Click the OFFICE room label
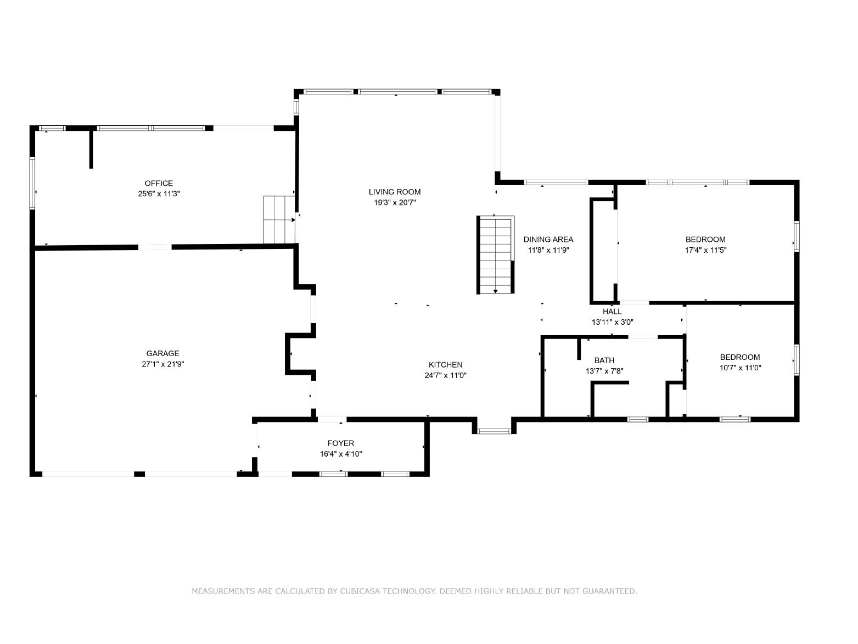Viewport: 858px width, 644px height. click(159, 183)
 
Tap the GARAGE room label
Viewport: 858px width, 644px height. click(162, 353)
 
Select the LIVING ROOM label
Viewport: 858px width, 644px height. click(395, 192)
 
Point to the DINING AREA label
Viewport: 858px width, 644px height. click(548, 240)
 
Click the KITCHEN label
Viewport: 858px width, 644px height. click(446, 365)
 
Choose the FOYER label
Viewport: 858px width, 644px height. click(341, 443)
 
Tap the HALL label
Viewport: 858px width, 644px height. click(612, 312)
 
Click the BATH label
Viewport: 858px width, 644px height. click(604, 360)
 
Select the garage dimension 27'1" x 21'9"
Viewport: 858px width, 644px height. click(163, 364)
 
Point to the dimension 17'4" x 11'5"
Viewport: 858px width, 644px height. click(705, 250)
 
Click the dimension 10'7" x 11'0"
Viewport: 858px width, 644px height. click(741, 368)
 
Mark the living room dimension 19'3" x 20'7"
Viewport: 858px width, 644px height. click(395, 203)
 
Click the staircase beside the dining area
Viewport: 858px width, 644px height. click(495, 255)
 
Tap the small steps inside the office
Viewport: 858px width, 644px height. click(279, 219)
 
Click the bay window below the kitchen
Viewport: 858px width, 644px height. click(494, 431)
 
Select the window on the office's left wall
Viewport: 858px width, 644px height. click(32, 183)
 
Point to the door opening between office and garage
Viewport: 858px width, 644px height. click(155, 247)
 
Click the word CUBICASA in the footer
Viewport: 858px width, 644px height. click(360, 591)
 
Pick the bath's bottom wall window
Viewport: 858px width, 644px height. click(637, 419)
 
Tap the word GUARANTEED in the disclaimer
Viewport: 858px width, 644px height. click(610, 591)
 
